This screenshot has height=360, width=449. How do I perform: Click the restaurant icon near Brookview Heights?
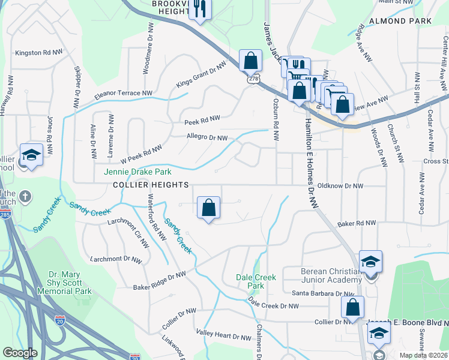(199, 9)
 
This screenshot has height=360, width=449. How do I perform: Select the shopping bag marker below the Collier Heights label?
(208, 208)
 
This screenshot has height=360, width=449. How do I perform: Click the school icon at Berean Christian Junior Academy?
(370, 262)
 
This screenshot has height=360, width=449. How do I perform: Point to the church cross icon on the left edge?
(25, 196)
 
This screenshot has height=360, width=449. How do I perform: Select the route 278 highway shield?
(250, 79)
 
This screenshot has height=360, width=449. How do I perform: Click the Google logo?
(20, 353)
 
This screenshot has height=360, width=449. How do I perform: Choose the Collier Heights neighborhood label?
(151, 185)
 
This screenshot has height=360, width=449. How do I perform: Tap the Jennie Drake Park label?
(133, 172)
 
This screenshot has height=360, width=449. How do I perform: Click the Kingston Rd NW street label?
(39, 53)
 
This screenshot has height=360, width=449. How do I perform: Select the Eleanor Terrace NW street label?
(122, 94)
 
